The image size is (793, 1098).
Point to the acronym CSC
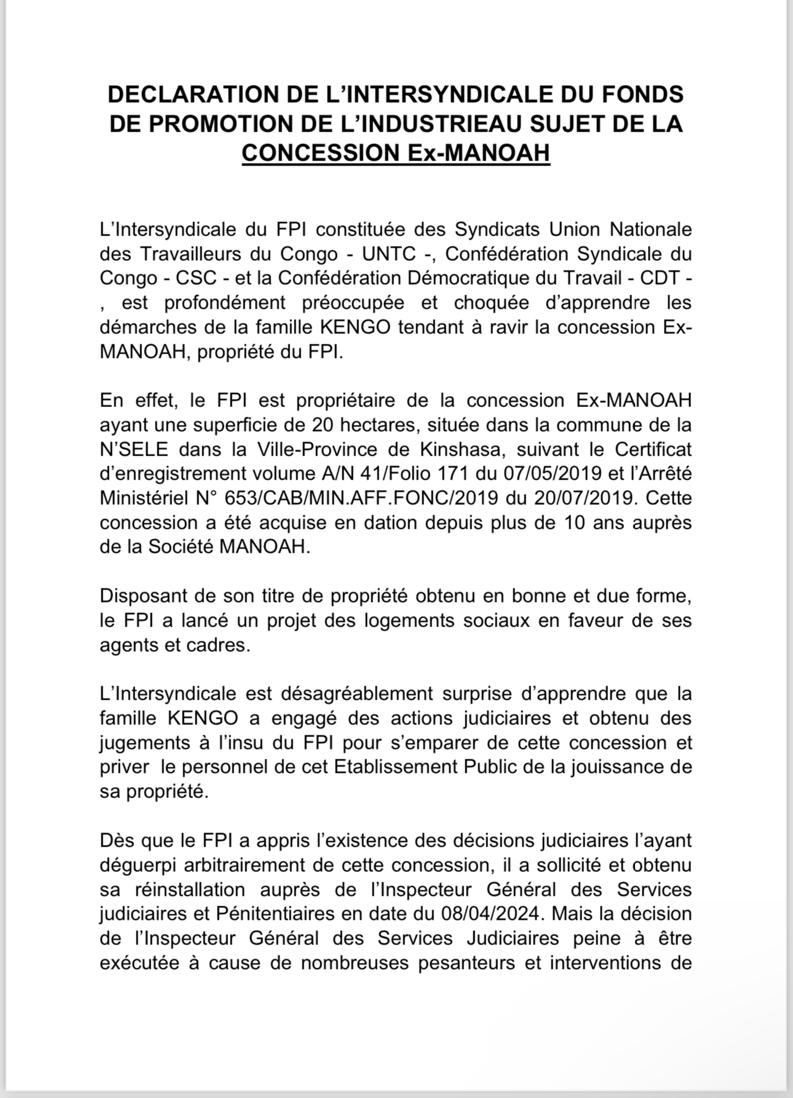[x=197, y=278]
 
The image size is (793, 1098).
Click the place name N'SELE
[x=133, y=449]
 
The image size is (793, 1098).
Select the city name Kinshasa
[x=460, y=449]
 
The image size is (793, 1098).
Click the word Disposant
[x=143, y=596]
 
